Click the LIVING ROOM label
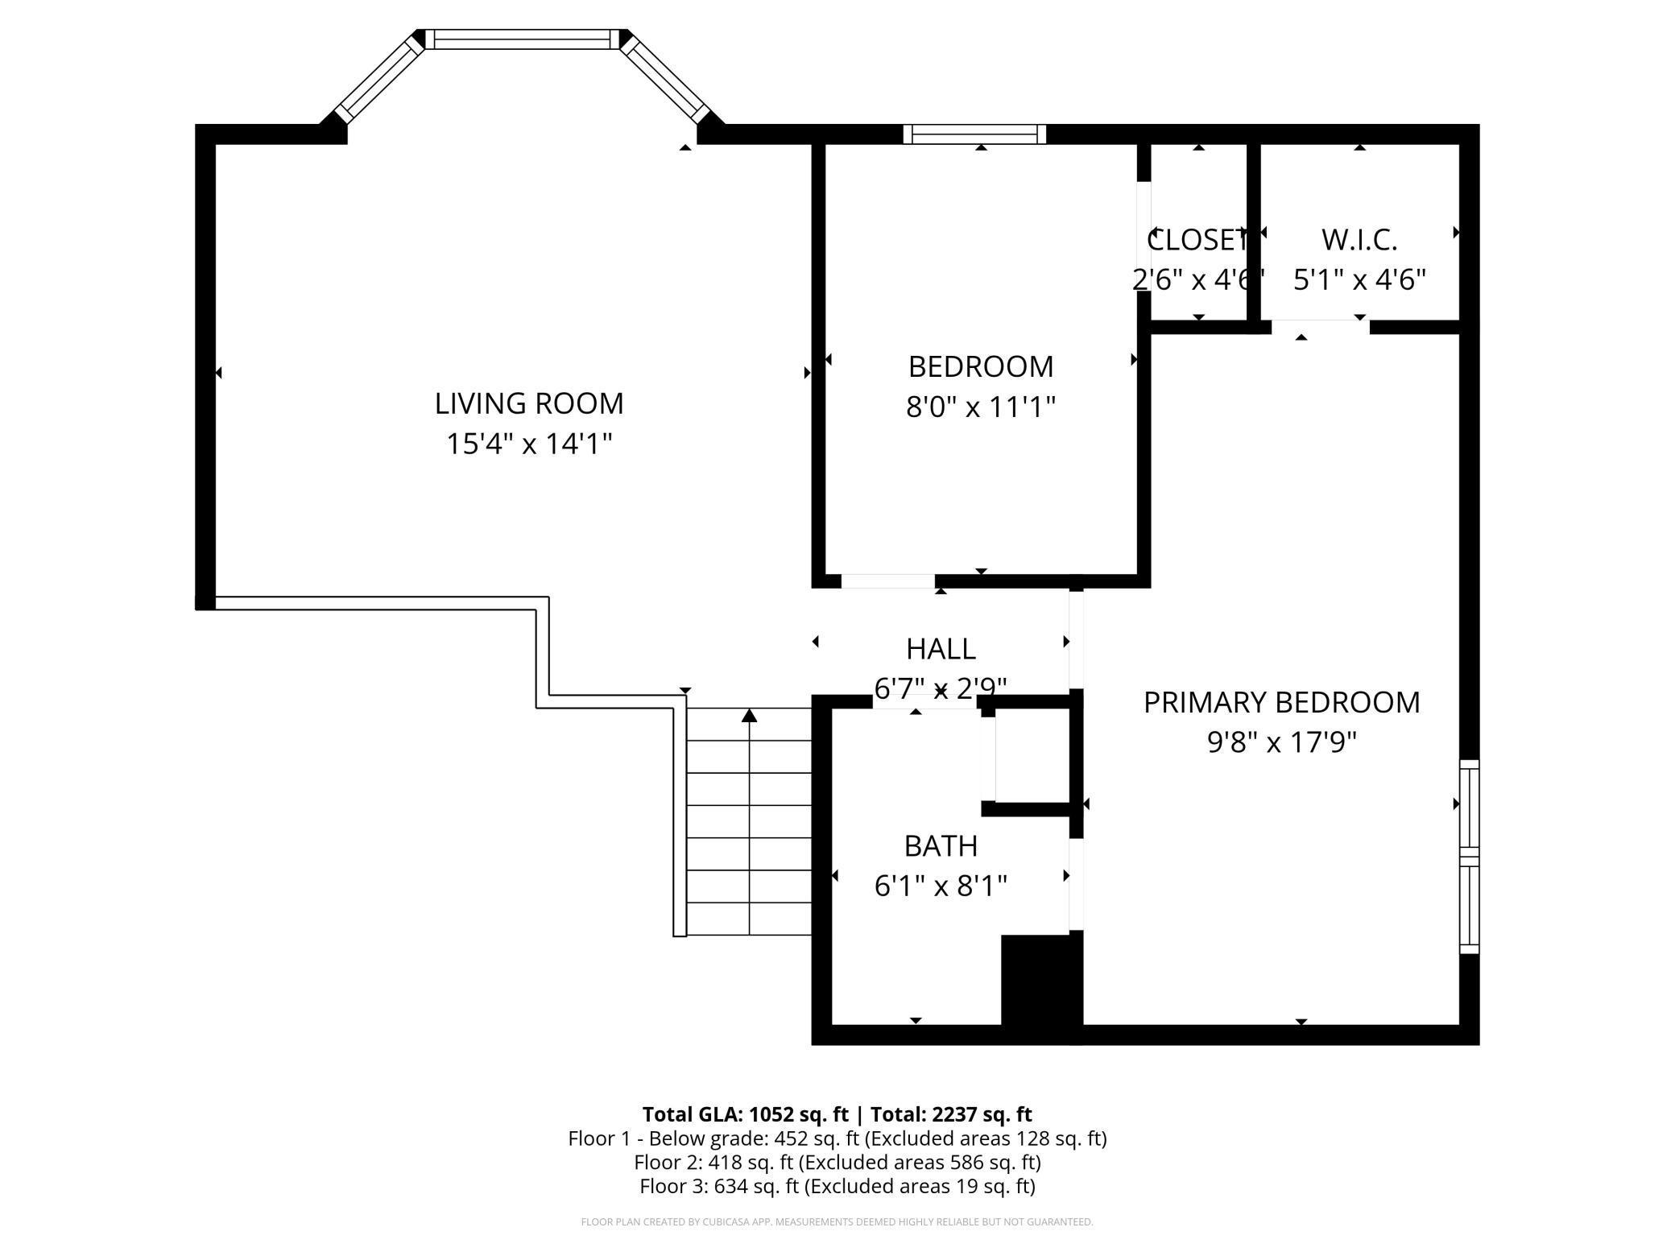pyautogui.click(x=529, y=403)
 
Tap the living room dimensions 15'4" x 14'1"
pyautogui.click(x=529, y=444)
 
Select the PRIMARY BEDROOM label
pyautogui.click(x=1281, y=702)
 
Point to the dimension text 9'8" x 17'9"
pyautogui.click(x=1281, y=742)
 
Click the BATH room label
pyautogui.click(x=941, y=846)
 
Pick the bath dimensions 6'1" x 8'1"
pyautogui.click(x=941, y=886)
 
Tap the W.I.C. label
pyautogui.click(x=1359, y=240)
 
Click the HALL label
pyautogui.click(x=941, y=648)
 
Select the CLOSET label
pyautogui.click(x=1198, y=240)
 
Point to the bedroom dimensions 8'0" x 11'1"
pyautogui.click(x=980, y=407)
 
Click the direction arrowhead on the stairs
pyautogui.click(x=750, y=715)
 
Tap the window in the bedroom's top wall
pyautogui.click(x=974, y=134)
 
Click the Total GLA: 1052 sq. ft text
pyautogui.click(x=745, y=1114)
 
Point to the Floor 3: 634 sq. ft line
pyautogui.click(x=837, y=1186)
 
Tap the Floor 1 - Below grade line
pyautogui.click(x=837, y=1138)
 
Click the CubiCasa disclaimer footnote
pyautogui.click(x=837, y=1222)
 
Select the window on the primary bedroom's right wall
pyautogui.click(x=1470, y=857)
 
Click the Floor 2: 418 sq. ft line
pyautogui.click(x=837, y=1163)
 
